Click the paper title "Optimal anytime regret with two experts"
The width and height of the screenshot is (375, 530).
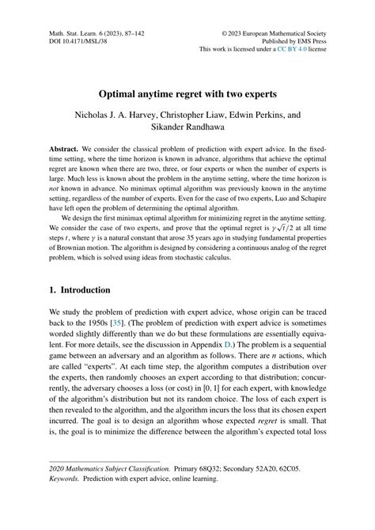[x=187, y=93]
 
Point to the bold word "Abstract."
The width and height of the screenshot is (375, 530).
[x=67, y=146]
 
